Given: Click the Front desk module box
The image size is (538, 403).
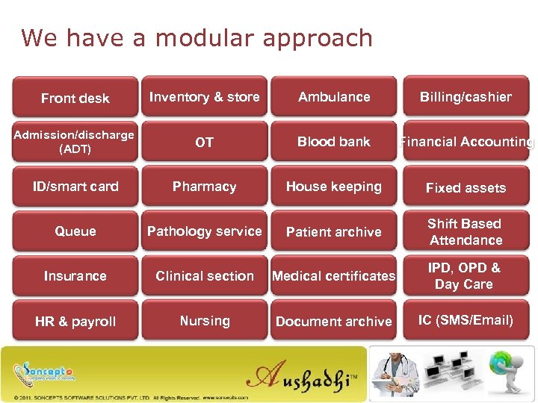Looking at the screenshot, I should click(x=75, y=98).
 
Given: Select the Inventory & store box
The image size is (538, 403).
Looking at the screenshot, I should click(x=204, y=97).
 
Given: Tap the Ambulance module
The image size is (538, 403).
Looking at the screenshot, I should click(x=334, y=97).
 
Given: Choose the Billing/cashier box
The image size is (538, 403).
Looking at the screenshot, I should click(x=466, y=97).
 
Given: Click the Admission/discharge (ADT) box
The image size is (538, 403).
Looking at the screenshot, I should click(x=75, y=142).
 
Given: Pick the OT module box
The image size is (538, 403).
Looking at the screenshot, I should click(x=204, y=142).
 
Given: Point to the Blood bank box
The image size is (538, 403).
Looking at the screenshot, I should click(x=334, y=142).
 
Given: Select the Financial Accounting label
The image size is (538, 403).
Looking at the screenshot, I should click(x=466, y=142).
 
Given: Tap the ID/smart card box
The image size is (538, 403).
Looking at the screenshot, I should click(x=75, y=187).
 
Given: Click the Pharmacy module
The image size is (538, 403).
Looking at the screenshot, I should click(x=204, y=187).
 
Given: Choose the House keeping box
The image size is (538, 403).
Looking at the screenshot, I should click(x=334, y=187).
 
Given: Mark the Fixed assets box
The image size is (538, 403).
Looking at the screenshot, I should click(x=466, y=187).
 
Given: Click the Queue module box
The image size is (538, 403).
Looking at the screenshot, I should click(x=75, y=231).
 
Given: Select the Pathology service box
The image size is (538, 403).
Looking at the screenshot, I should click(x=204, y=231).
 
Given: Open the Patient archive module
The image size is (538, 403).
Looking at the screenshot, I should click(x=334, y=231).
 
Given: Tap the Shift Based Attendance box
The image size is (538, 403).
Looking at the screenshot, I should click(x=466, y=231).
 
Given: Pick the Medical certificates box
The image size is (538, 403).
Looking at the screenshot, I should click(x=334, y=276).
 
